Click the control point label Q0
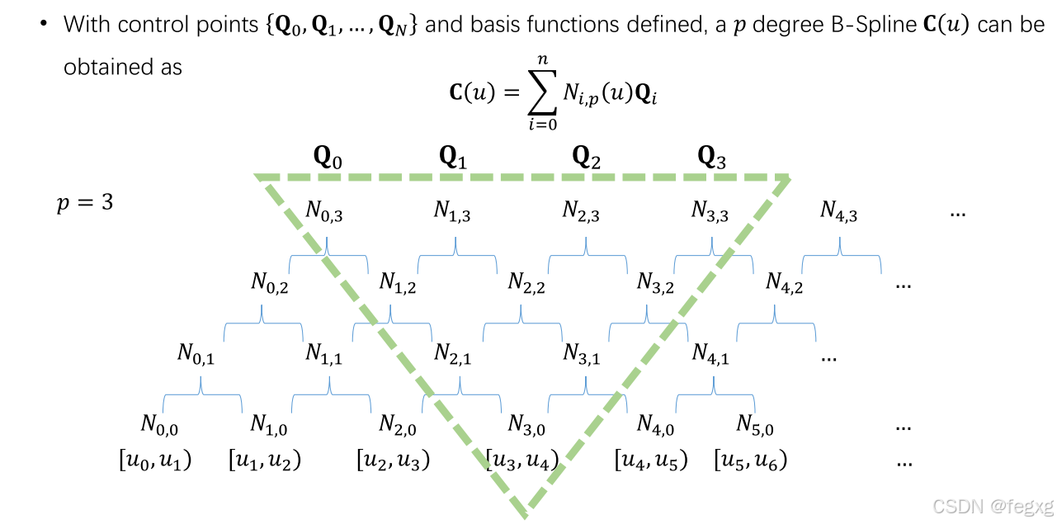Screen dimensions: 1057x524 (x=328, y=158)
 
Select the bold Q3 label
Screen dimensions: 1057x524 (x=712, y=158)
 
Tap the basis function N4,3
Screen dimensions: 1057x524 (x=839, y=211)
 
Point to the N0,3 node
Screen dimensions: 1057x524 (x=324, y=211)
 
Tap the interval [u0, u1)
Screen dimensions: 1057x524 (x=156, y=460)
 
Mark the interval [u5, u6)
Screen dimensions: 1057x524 (x=751, y=460)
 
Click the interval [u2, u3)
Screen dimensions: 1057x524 (x=394, y=460)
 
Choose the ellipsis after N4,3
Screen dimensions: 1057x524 (x=958, y=213)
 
